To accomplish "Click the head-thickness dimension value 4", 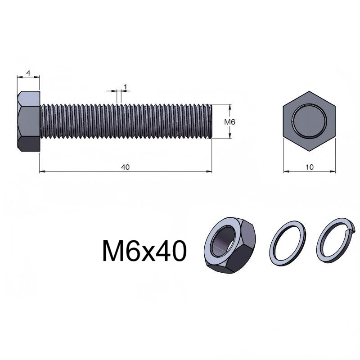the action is pos(28,73).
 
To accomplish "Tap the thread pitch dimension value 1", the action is pos(126,87).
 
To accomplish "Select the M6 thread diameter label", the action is pos(229,122).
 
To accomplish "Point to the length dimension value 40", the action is pos(126,167).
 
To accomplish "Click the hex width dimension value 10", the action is pos(310,167).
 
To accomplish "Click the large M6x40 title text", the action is pos(144,251).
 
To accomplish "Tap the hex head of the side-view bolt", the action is pos(29,121).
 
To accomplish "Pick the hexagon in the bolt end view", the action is pos(309,121).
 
